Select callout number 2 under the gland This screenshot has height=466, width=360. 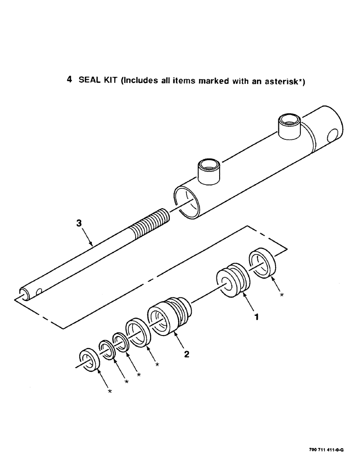coord(187,354)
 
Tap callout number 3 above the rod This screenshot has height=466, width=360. coord(79,224)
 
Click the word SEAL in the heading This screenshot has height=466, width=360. coord(89,80)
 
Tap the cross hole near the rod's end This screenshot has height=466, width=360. coord(38,292)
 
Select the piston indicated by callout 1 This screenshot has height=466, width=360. coord(232,282)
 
